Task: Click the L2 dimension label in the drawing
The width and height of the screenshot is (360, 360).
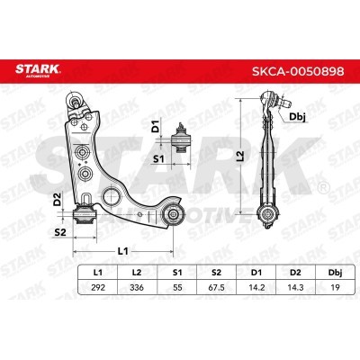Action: tap(239, 155)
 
